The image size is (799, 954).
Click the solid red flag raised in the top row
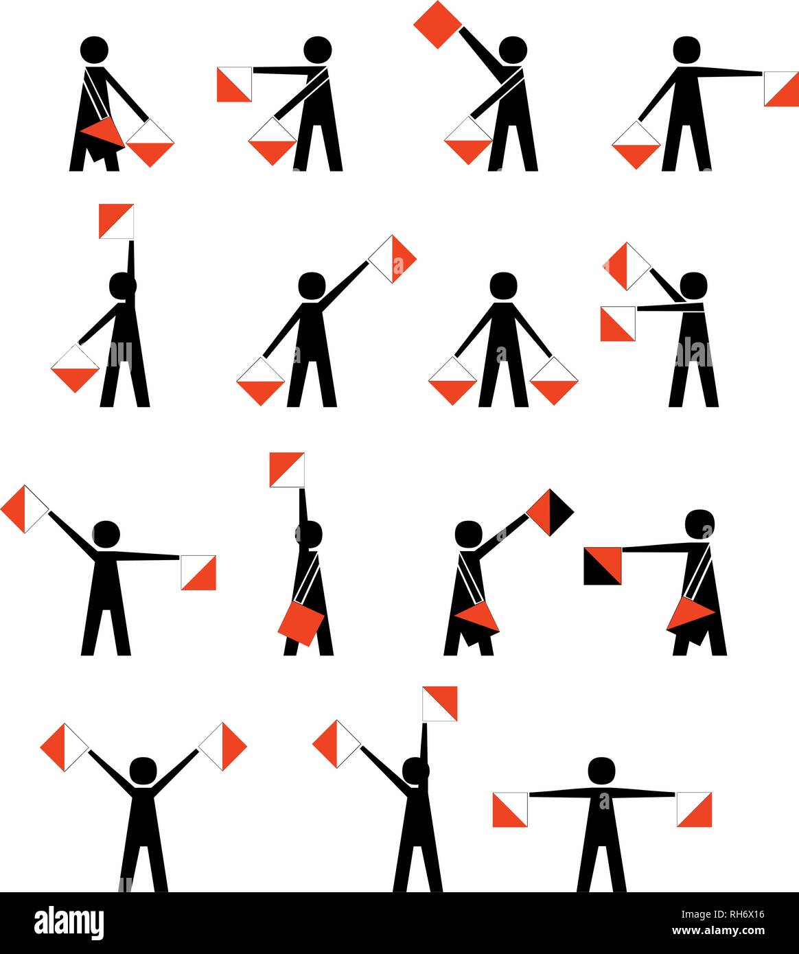pyautogui.click(x=437, y=25)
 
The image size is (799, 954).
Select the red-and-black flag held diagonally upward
pyautogui.click(x=550, y=512)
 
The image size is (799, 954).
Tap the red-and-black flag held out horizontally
pyautogui.click(x=603, y=566)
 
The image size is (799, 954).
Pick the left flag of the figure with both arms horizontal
pyautogui.click(x=510, y=809)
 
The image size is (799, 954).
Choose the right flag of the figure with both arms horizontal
pyautogui.click(x=694, y=809)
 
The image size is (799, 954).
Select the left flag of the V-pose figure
pyautogui.click(x=65, y=747)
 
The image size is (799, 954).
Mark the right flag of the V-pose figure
pyautogui.click(x=222, y=746)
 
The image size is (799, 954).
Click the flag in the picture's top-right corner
pyautogui.click(x=782, y=89)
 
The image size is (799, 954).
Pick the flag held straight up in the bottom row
pyautogui.click(x=439, y=703)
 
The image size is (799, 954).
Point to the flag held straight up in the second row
pyautogui.click(x=116, y=221)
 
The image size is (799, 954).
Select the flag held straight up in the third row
pyautogui.click(x=286, y=470)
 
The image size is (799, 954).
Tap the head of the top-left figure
pyautogui.click(x=94, y=49)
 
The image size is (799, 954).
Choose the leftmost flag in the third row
pyautogui.click(x=25, y=509)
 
